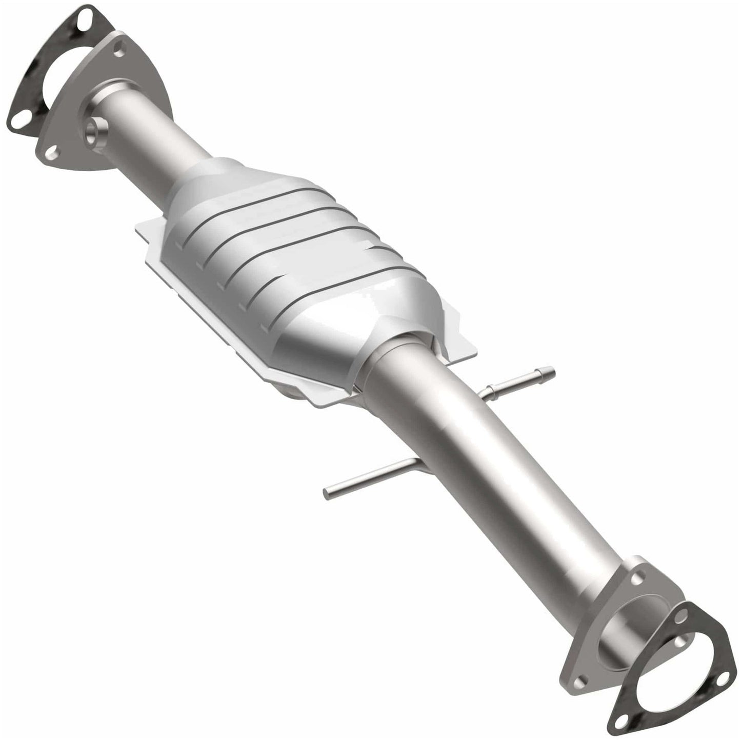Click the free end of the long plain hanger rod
point(327,493)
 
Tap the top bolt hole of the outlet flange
point(637,579)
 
